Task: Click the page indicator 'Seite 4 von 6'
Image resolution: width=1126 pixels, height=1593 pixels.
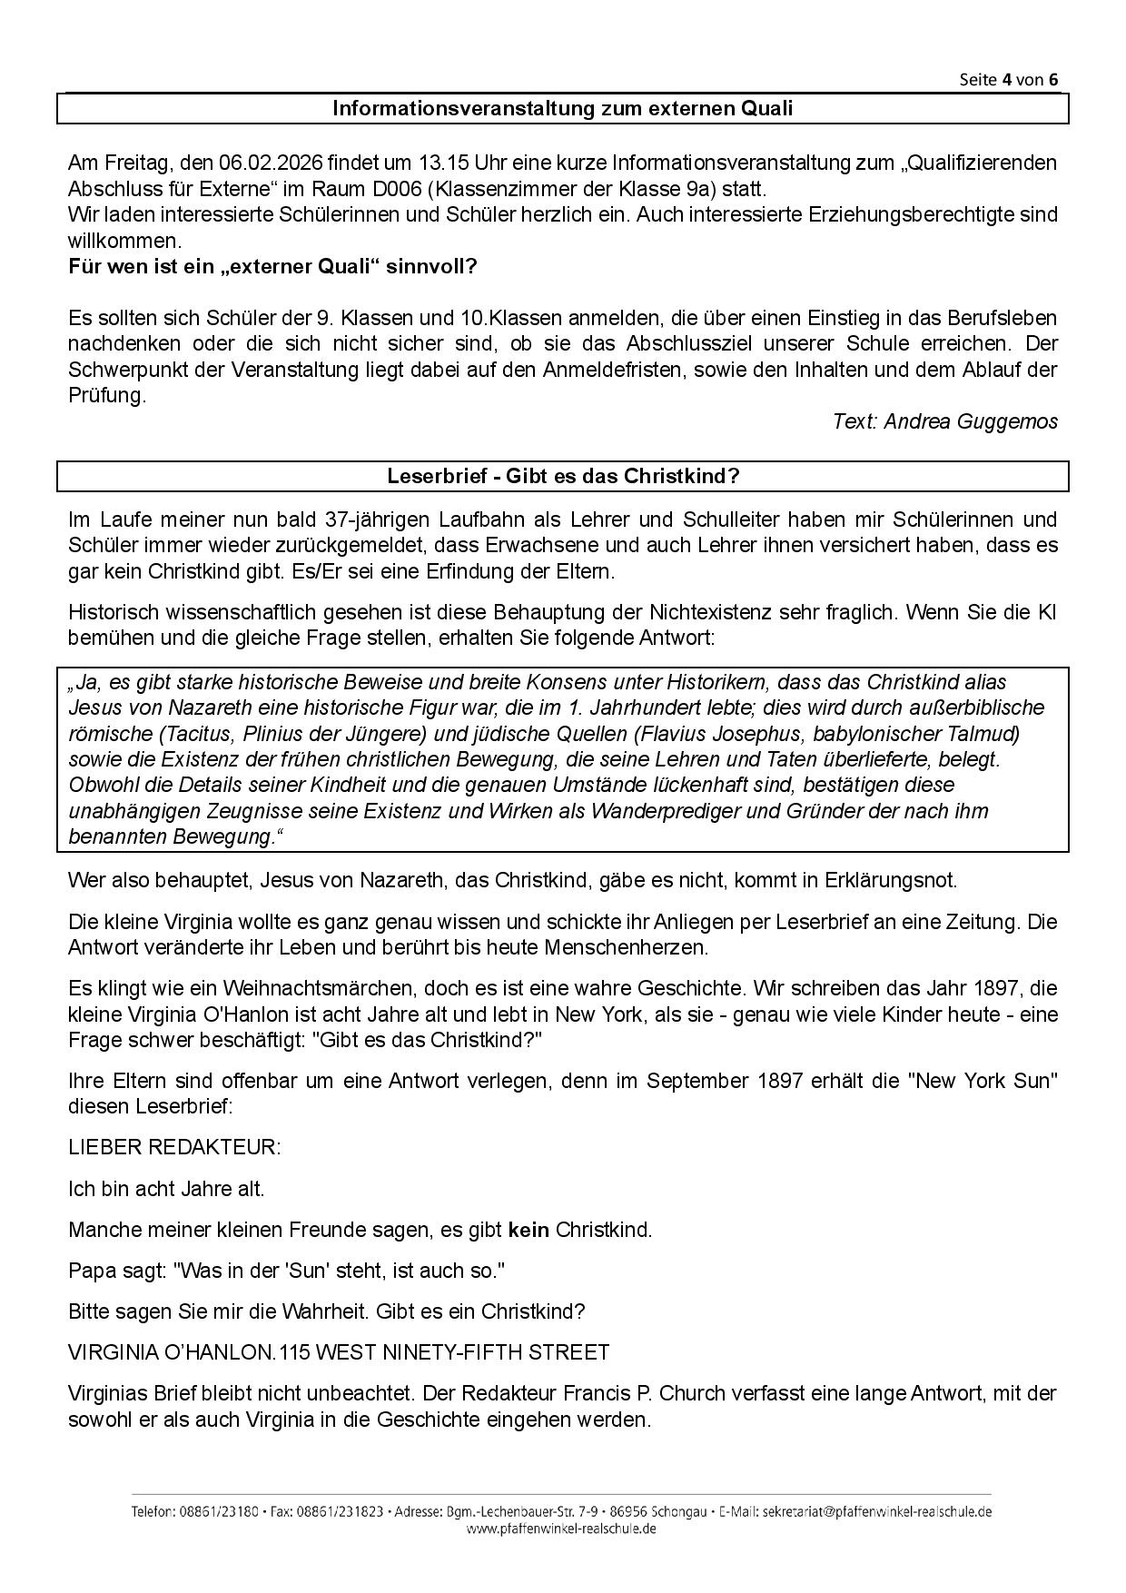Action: (1008, 79)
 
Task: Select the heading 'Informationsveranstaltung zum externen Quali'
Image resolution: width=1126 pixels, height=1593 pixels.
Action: (562, 109)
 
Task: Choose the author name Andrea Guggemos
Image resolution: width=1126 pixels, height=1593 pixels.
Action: (971, 421)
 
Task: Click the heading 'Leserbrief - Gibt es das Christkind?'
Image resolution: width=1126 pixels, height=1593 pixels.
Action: (563, 476)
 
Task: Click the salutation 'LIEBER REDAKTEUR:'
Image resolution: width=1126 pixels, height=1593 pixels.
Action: (174, 1147)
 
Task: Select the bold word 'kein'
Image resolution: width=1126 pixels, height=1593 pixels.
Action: (528, 1231)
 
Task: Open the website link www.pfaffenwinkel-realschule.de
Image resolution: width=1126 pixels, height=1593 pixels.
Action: (561, 1529)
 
